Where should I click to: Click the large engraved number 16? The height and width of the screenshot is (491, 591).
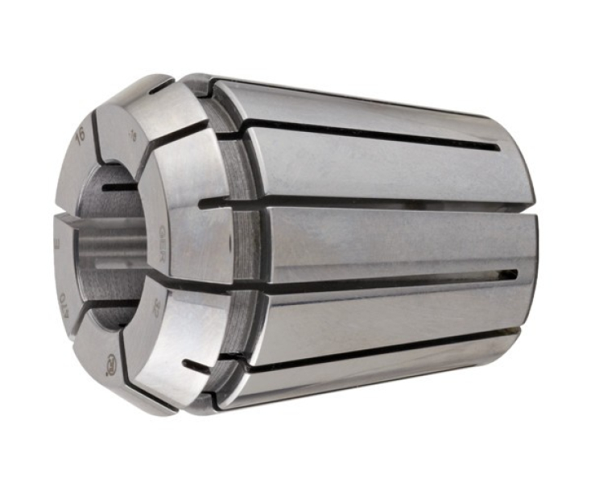(x=80, y=134)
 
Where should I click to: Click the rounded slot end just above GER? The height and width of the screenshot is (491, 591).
(x=201, y=203)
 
